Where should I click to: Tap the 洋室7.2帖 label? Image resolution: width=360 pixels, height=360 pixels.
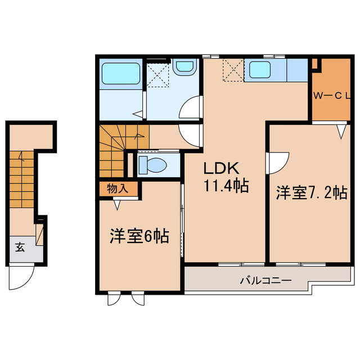coord(310,193)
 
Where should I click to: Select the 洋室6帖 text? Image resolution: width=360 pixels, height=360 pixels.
coord(139,237)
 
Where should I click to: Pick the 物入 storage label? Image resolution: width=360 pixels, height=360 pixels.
coord(118,188)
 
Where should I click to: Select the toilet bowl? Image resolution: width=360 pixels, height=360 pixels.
coord(152,165)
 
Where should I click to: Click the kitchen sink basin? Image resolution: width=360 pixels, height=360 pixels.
coord(260,70)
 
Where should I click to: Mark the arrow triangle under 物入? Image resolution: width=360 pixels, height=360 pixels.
coord(118,205)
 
